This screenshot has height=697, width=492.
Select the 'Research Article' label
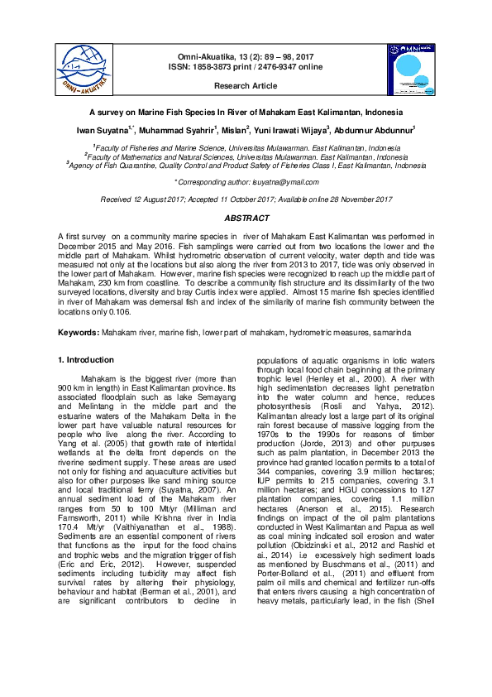point(246,86)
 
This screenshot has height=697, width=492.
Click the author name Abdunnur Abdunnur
point(377,131)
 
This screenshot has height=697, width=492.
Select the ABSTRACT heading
point(246,219)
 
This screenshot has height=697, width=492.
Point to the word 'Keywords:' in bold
point(79,331)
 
